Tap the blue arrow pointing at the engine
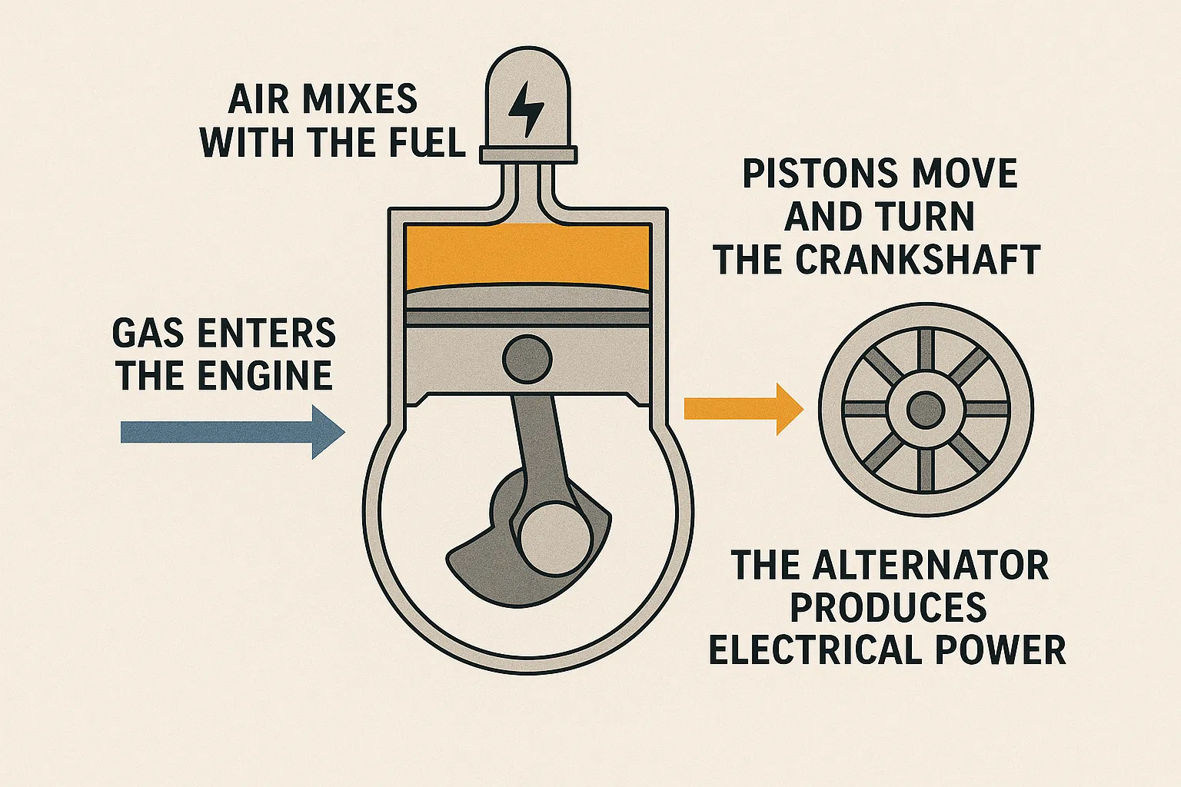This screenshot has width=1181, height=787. (x=231, y=432)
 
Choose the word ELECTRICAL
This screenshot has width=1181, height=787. (x=816, y=650)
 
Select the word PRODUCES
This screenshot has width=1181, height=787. (x=888, y=608)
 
